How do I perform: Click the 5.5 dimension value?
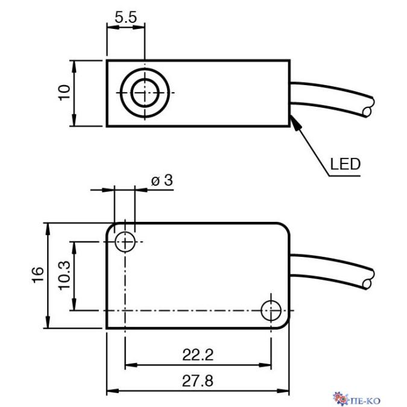click(x=126, y=18)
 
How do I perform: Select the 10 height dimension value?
click(x=65, y=93)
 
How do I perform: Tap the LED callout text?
click(x=345, y=163)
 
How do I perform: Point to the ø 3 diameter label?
click(x=162, y=180)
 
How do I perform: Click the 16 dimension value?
click(x=37, y=275)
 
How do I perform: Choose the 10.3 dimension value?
click(x=64, y=276)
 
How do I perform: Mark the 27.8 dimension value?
click(x=198, y=382)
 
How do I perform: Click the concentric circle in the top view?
click(x=145, y=93)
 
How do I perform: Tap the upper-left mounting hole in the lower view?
click(x=125, y=242)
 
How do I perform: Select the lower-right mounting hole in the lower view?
click(x=271, y=311)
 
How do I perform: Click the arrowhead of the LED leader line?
click(x=294, y=121)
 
